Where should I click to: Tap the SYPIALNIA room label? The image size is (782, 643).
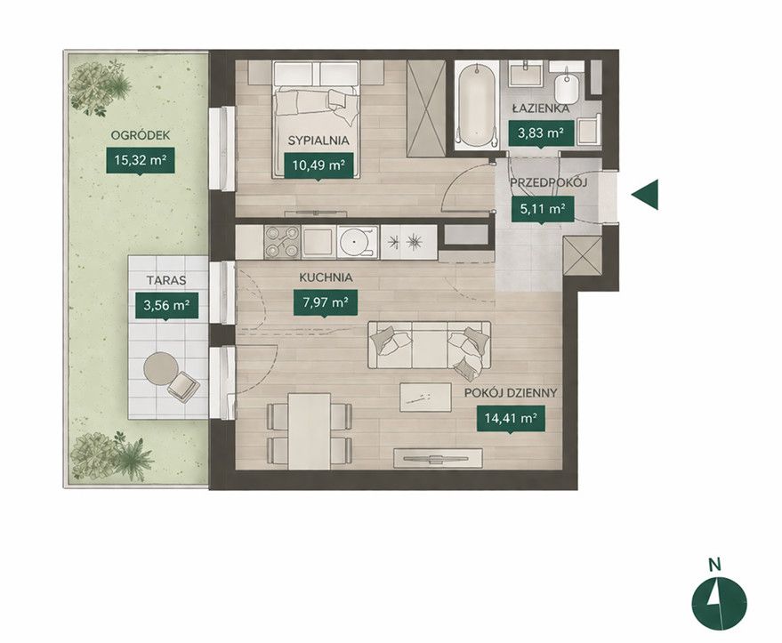318,141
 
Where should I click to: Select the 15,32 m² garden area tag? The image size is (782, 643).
141,160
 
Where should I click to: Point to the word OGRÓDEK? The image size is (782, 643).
141,134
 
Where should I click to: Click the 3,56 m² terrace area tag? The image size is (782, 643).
166,306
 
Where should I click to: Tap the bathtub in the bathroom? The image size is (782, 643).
477,105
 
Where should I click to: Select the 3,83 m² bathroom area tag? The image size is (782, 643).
541,133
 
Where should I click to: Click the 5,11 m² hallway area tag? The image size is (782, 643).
543,209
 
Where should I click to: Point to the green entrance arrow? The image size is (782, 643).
645,195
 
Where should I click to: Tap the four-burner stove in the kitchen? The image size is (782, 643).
282,242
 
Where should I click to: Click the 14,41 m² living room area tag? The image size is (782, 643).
510,418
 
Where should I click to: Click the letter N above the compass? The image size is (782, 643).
715,565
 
